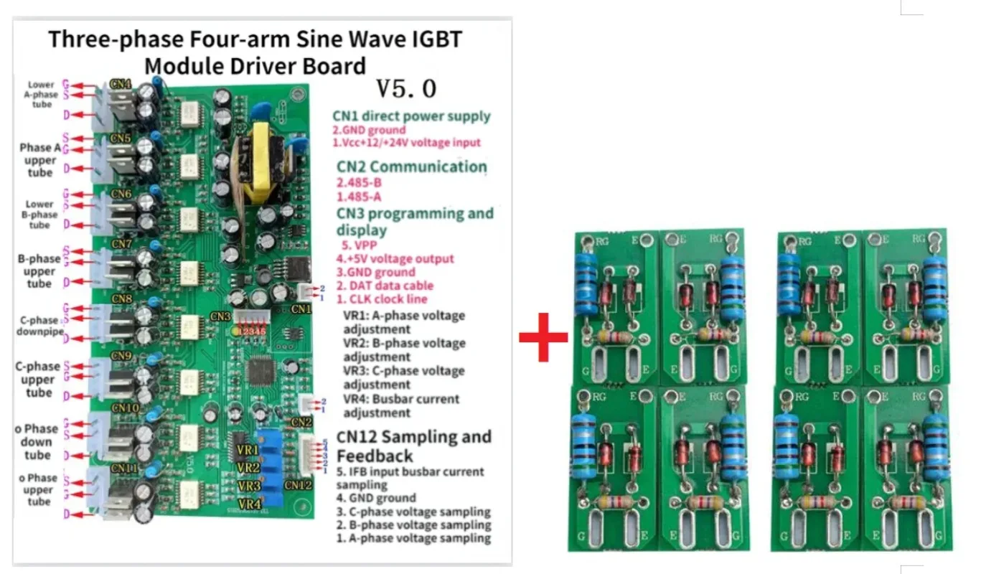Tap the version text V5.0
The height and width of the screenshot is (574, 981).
(x=406, y=88)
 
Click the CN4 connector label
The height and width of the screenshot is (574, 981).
(x=121, y=84)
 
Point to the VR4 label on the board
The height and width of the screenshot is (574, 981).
(x=249, y=504)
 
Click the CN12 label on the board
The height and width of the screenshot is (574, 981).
(x=298, y=485)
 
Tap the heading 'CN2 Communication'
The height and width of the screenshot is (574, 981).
(x=411, y=167)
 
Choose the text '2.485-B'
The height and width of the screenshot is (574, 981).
(x=359, y=182)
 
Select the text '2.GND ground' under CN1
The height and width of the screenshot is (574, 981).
(x=368, y=130)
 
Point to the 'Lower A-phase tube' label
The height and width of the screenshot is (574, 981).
(x=42, y=94)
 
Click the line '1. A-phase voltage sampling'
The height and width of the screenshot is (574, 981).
(x=413, y=538)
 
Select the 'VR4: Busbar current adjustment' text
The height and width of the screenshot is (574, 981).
(x=401, y=405)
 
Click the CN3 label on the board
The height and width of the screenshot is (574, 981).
(x=221, y=316)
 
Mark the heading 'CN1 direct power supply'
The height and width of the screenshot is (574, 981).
(x=411, y=116)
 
